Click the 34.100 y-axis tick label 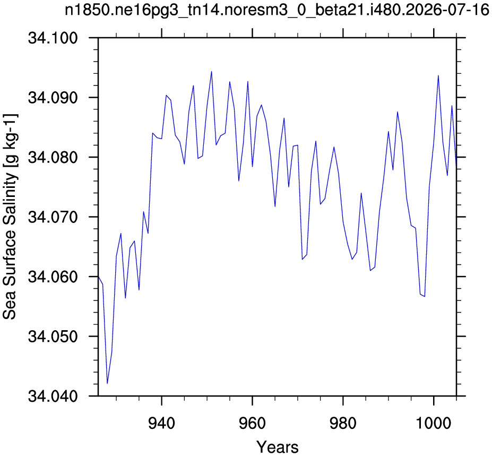[x=53, y=38]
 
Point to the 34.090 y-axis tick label [x=53, y=98]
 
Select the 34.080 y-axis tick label [x=53, y=157]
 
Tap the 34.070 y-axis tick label [x=53, y=217]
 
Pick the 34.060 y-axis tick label [x=53, y=277]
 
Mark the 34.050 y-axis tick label [x=53, y=337]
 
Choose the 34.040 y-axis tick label [x=53, y=396]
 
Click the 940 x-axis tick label [x=161, y=424]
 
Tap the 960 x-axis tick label [x=252, y=424]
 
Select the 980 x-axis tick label [x=343, y=424]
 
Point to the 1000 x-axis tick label [x=434, y=424]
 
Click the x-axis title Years [x=278, y=447]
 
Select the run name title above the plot [x=277, y=11]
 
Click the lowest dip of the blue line [x=107, y=383]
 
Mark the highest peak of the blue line [x=211, y=72]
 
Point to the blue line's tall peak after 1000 [x=438, y=75]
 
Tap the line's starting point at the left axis [x=99, y=277]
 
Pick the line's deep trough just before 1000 [x=425, y=296]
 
